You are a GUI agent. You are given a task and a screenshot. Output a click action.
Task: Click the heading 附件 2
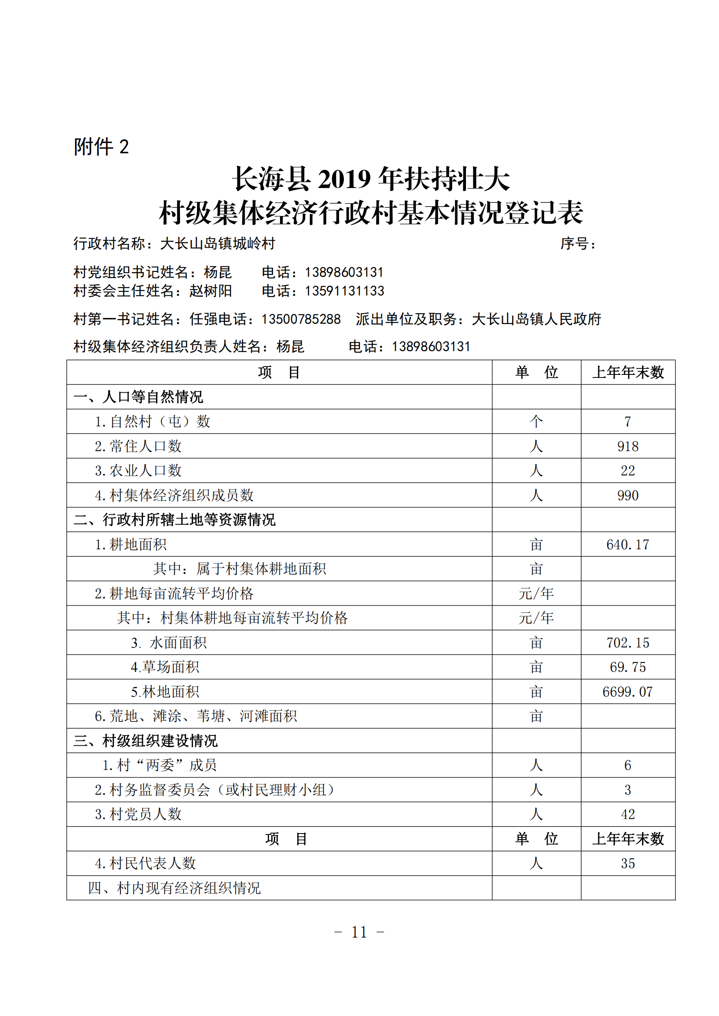coord(101,147)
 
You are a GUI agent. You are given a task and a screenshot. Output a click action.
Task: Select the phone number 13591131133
coord(344,291)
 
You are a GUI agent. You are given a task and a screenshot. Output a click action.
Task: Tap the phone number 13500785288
coord(301,320)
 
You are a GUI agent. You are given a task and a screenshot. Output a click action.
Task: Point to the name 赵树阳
coord(210,291)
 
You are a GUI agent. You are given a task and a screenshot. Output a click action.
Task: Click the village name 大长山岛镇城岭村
coord(217,244)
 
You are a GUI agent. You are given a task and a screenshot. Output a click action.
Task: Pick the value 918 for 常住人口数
coord(627,447)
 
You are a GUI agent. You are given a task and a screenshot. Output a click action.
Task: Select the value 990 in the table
coord(627,496)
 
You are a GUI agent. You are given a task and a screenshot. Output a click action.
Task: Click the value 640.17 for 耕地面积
coord(627,545)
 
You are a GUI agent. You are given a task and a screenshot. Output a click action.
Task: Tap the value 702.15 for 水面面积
coord(627,643)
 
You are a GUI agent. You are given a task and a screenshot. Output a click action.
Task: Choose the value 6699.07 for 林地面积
coord(627,692)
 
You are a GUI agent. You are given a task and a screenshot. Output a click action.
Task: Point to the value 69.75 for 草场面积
coord(627,667)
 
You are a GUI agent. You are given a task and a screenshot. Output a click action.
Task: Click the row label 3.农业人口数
coord(138,471)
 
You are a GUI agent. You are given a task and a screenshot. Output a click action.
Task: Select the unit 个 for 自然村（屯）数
coord(536,422)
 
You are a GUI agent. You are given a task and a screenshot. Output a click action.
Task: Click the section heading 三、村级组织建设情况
coord(146,741)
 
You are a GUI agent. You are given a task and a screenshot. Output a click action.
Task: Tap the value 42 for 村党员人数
coord(627,814)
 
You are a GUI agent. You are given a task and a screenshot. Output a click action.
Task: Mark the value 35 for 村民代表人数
coord(627,864)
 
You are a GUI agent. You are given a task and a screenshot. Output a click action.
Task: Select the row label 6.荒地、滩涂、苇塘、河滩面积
coord(196,716)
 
